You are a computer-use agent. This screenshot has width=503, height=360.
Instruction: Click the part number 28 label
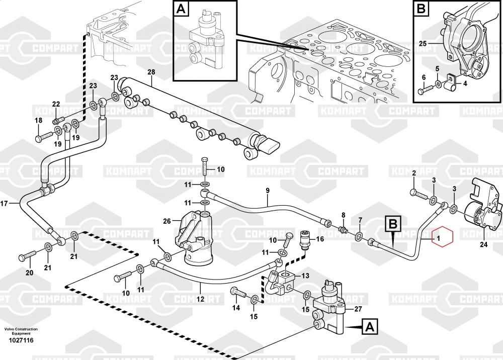click(151, 72)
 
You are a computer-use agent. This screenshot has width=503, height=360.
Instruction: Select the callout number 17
click(5, 204)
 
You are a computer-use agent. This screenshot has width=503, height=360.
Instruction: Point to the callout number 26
click(167, 220)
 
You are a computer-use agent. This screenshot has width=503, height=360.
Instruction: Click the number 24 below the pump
click(484, 245)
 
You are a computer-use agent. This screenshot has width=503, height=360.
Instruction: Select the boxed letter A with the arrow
click(369, 327)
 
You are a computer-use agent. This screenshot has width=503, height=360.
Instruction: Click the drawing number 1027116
click(21, 340)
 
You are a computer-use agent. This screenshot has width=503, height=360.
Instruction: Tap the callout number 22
click(56, 105)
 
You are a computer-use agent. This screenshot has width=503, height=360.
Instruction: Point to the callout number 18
click(39, 120)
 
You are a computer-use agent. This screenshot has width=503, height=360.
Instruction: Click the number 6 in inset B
click(424, 77)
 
